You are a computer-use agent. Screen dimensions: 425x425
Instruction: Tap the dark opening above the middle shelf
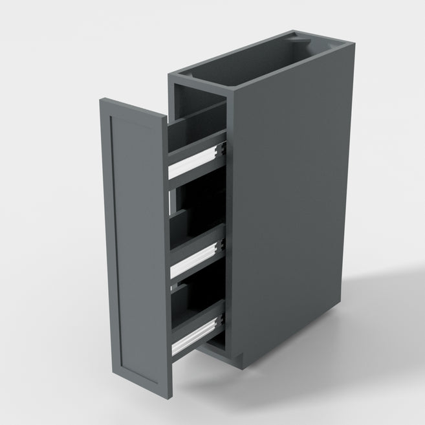point(197,207)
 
